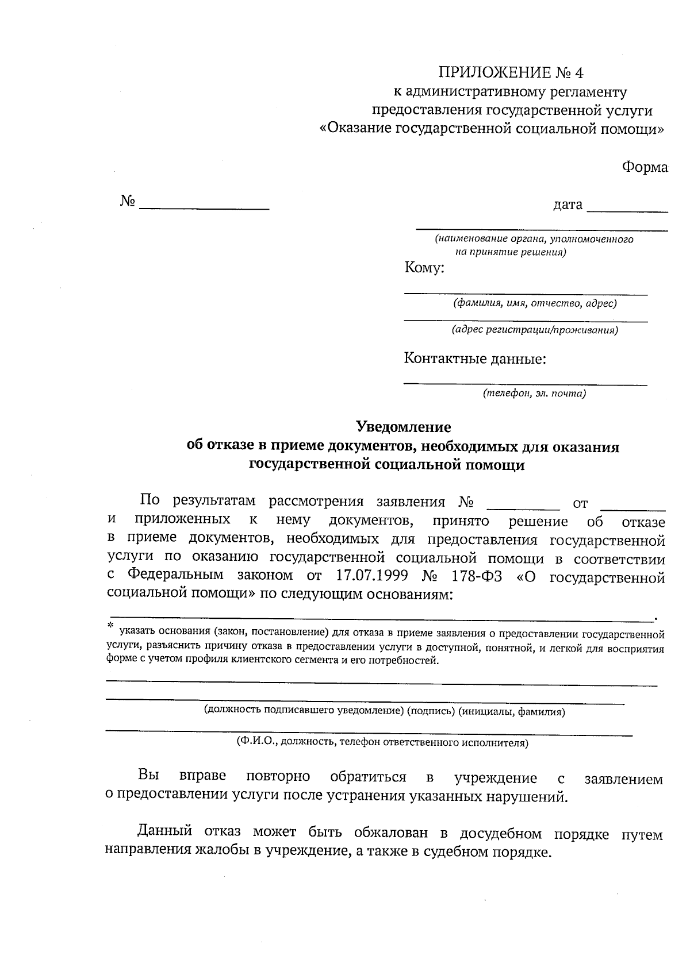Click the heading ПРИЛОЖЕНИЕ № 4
[x=511, y=73]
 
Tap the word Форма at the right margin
[x=644, y=167]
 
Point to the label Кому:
[x=424, y=268]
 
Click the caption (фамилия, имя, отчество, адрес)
[x=534, y=303]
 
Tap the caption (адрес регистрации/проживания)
[x=534, y=330]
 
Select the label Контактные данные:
[x=475, y=359]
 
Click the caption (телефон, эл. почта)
[x=534, y=394]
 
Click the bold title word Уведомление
[x=404, y=427]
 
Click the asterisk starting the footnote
[x=111, y=625]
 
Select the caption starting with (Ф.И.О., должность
[x=382, y=742]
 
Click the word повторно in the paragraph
[x=278, y=777]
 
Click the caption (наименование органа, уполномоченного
[x=534, y=239]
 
